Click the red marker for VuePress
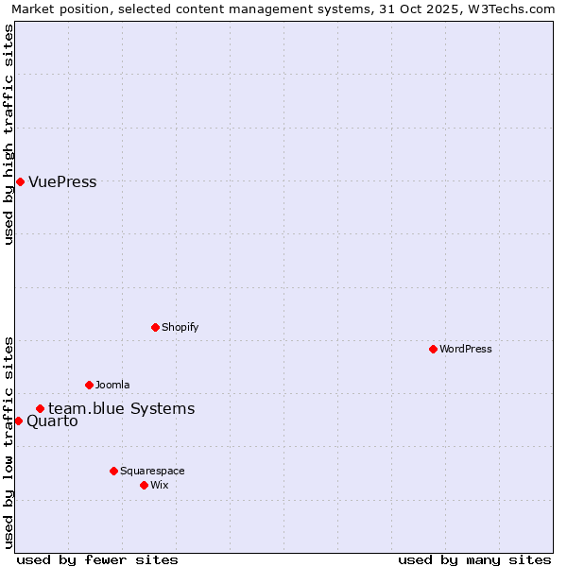click(20, 181)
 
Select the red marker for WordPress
click(433, 349)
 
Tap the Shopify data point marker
click(155, 327)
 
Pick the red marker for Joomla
click(89, 385)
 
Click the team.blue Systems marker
click(40, 408)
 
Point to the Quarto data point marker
click(18, 421)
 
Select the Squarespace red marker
click(113, 471)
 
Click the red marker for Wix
click(144, 485)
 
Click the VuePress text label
click(62, 181)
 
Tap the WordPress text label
click(466, 349)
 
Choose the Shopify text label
click(180, 327)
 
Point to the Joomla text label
click(112, 385)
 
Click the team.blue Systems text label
click(122, 408)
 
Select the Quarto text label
click(52, 421)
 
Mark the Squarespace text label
click(152, 471)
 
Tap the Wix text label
click(160, 485)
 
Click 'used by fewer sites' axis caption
click(97, 559)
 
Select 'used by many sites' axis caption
click(474, 559)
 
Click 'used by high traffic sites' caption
click(9, 134)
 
